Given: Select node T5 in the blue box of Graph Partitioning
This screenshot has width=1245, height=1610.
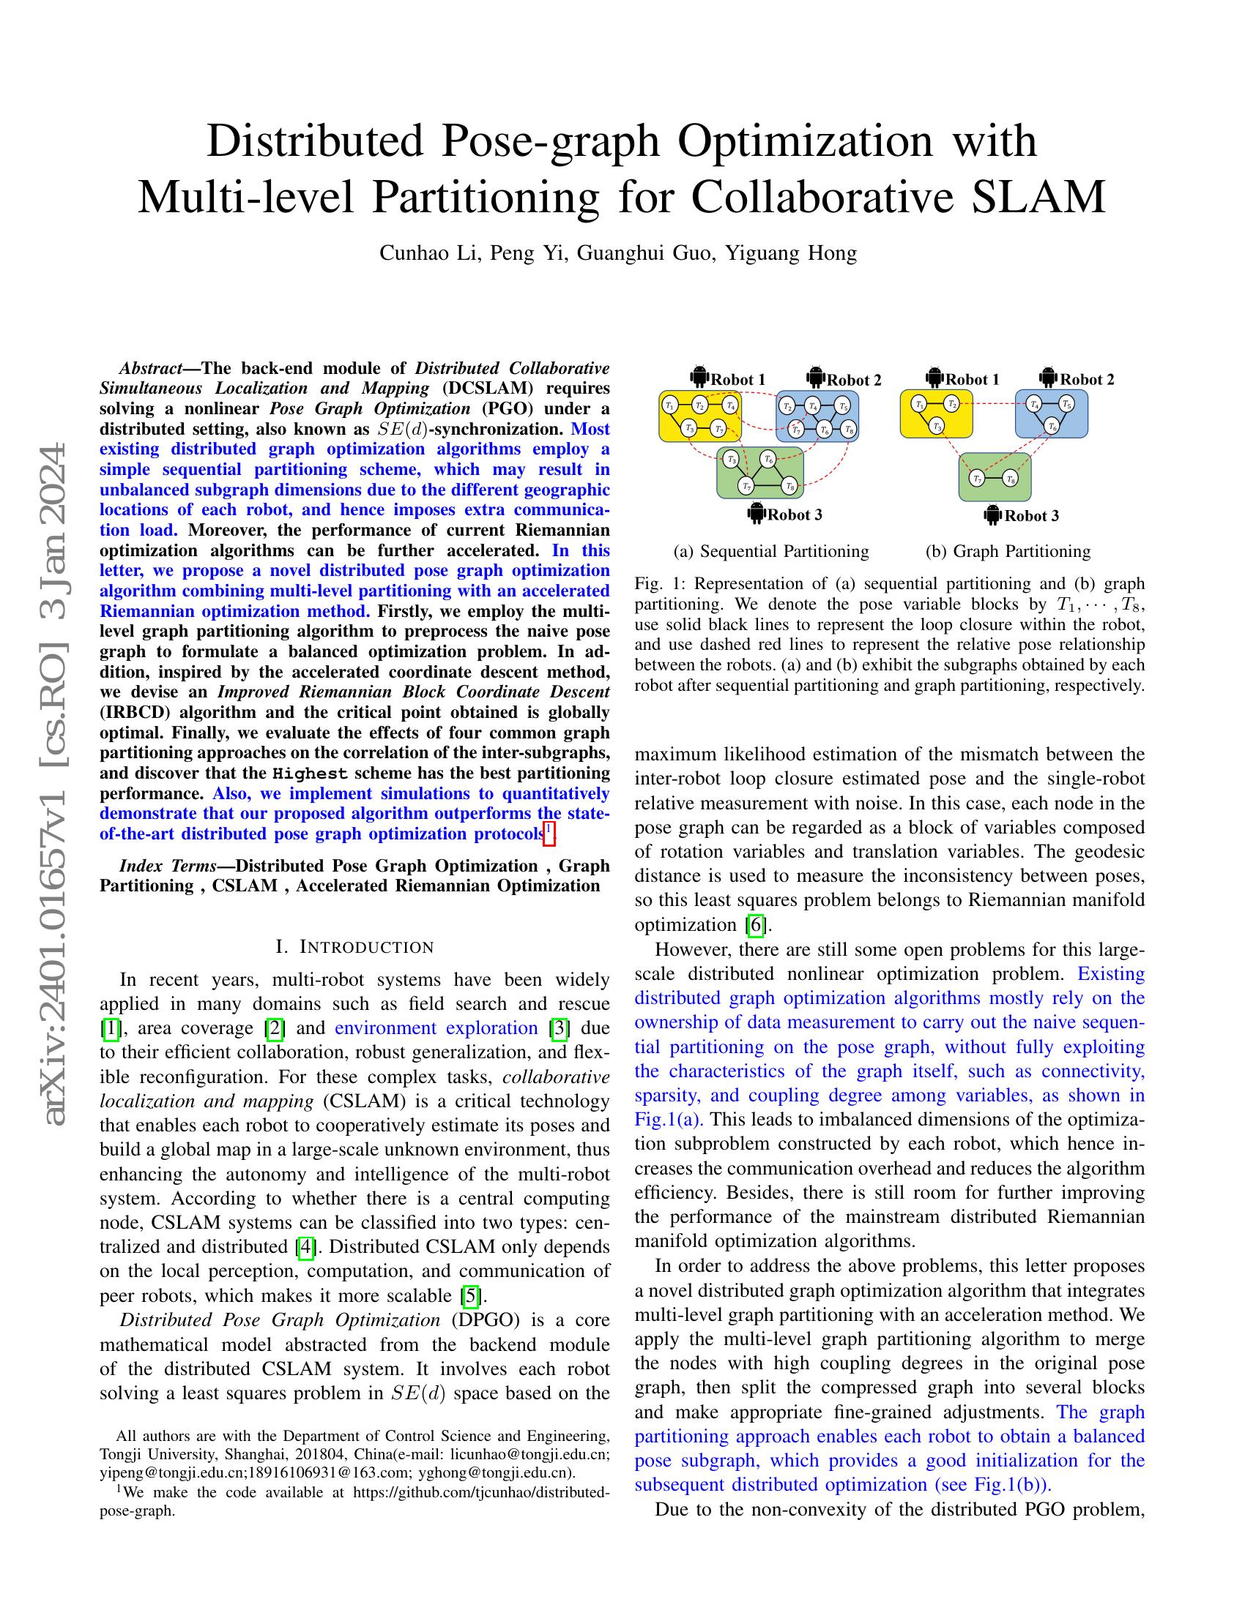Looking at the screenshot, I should point(1066,403).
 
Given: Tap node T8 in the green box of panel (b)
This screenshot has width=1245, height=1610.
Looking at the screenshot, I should point(1011,479).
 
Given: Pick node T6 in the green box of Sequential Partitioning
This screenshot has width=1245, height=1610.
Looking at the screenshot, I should point(768,459).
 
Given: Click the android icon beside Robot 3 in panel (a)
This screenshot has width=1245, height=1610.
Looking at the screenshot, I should point(755,513).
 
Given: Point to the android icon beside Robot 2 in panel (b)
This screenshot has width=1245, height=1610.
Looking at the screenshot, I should point(1049,378).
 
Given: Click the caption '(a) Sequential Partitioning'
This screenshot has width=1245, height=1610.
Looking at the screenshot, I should point(770,550).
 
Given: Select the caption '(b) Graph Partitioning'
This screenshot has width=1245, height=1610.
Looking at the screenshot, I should point(1008,550).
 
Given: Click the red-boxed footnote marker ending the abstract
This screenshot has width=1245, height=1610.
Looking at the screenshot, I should point(548,833).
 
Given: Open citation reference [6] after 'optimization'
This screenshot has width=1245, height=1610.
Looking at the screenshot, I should point(754,924).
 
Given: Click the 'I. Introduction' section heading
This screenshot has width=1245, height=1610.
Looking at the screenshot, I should point(354,946).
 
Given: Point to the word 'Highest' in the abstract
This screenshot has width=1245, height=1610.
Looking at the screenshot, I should point(310,774).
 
